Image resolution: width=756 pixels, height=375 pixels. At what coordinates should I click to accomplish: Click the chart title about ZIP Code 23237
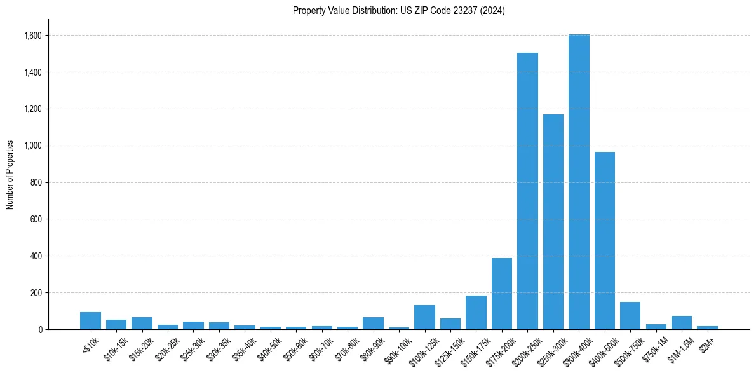(399, 11)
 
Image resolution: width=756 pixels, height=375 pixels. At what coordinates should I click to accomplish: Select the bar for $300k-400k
(579, 182)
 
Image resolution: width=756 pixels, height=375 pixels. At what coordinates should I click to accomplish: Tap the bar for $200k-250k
(527, 191)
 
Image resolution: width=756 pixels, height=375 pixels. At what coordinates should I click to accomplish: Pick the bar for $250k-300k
(553, 222)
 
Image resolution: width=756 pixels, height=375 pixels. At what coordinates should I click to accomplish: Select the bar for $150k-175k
(476, 312)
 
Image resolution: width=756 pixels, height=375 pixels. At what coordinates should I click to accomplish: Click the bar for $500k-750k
(630, 315)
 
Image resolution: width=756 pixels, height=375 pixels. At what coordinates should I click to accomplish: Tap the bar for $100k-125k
(424, 317)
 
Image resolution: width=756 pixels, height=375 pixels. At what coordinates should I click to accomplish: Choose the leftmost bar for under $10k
(90, 320)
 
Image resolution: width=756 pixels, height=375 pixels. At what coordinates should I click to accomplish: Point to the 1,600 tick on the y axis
(32, 36)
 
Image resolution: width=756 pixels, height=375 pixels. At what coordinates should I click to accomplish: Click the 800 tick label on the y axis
(36, 182)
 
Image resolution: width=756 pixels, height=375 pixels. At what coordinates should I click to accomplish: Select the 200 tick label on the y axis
(36, 293)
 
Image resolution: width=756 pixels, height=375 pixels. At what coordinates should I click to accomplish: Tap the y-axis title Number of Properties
(10, 175)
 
